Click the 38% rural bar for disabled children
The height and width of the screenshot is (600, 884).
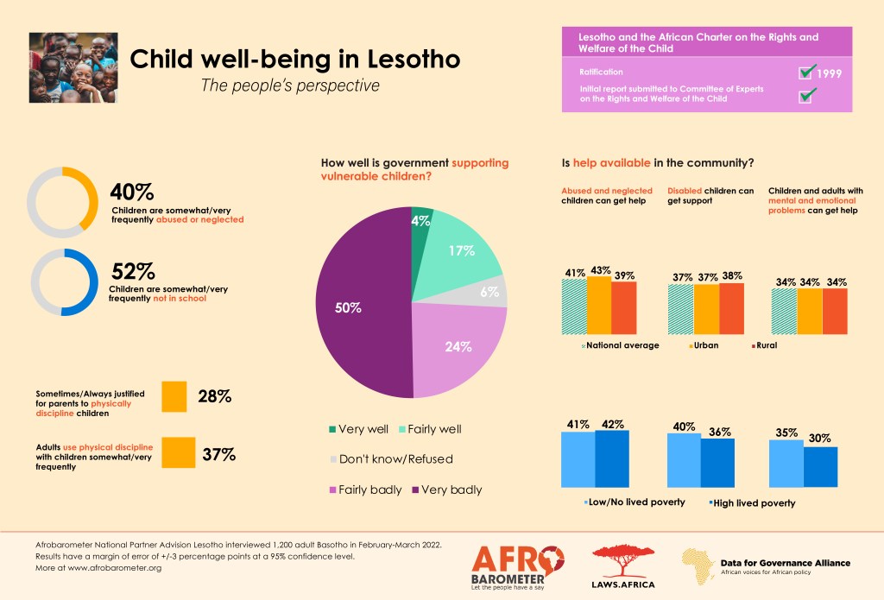click(731, 308)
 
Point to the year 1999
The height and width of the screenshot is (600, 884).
click(830, 73)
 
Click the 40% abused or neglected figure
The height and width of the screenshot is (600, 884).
click(132, 192)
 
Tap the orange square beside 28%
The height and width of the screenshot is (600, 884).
click(174, 396)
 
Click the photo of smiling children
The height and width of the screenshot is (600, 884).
click(73, 68)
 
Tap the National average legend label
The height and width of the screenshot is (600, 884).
click(622, 345)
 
